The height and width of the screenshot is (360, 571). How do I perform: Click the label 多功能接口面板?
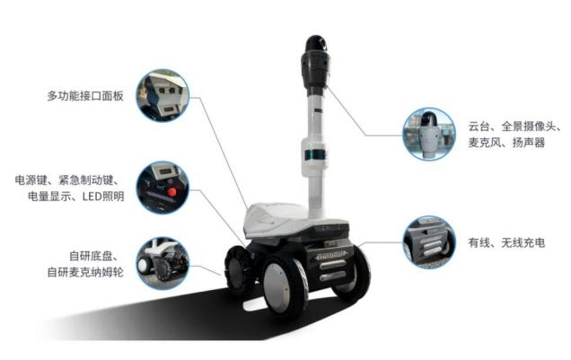coord(85,96)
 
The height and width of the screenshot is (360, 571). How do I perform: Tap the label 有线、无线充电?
coord(506,242)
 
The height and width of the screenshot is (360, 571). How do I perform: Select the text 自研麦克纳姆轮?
coord(85,272)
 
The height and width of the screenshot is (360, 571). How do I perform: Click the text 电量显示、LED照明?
coord(76,197)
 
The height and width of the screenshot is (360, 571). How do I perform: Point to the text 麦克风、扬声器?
coord(506,143)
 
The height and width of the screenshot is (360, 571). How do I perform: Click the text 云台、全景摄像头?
coord(513,127)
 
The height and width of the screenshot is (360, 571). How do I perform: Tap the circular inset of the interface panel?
coord(163,96)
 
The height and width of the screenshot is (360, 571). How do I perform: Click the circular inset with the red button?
coord(163,188)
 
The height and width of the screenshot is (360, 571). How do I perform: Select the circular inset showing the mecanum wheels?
coord(163,264)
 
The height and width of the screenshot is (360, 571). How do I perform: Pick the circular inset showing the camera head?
coord(429,134)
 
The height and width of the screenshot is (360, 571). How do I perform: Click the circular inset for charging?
coord(429,242)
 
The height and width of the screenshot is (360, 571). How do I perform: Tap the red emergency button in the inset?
coord(171,192)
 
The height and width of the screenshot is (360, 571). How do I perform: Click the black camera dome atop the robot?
coord(316,44)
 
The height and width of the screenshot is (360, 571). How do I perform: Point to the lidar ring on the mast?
coord(314,154)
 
